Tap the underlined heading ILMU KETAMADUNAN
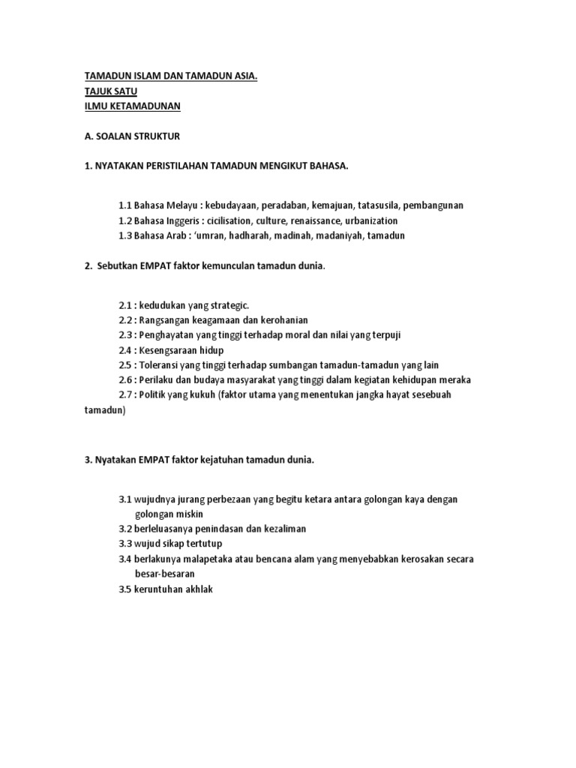click(x=132, y=106)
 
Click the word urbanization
click(x=371, y=220)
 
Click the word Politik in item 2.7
click(x=155, y=394)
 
